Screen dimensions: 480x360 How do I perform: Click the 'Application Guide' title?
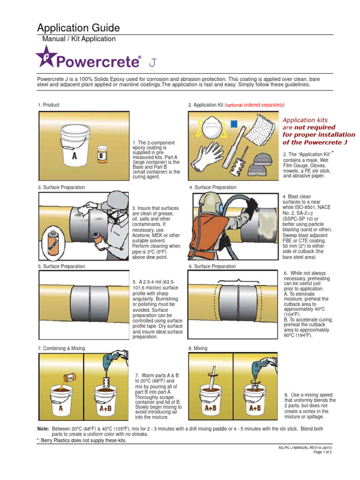(x=78, y=28)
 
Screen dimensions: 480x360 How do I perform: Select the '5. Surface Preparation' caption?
(x=61, y=266)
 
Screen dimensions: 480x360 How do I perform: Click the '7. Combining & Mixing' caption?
(x=61, y=348)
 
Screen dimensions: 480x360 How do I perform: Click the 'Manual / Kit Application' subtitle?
(x=79, y=39)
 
